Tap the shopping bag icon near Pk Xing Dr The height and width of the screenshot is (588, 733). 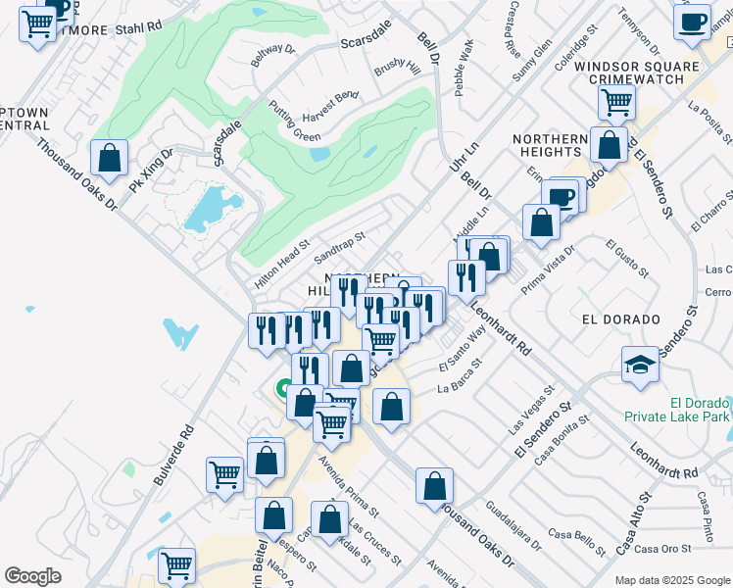click(110, 158)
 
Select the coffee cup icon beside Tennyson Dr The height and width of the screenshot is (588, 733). click(692, 22)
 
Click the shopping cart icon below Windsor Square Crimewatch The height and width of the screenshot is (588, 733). click(616, 101)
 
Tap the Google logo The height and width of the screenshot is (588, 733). click(32, 576)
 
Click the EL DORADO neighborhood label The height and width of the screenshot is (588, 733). click(616, 318)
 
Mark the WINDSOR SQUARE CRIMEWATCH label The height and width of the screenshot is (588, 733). click(637, 73)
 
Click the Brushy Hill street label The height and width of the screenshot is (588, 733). click(397, 70)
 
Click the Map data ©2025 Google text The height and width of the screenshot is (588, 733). click(670, 578)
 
